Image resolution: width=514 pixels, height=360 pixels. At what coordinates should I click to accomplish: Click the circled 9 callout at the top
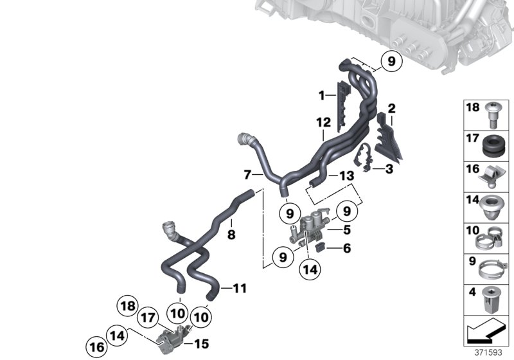tap(391, 61)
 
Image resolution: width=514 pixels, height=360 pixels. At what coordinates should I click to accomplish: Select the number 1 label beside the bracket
tap(322, 95)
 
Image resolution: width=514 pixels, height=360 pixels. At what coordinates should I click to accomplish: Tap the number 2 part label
tap(391, 109)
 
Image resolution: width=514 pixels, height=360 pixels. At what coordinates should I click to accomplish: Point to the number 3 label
tap(389, 169)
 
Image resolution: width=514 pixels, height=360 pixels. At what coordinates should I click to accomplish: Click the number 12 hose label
tap(324, 123)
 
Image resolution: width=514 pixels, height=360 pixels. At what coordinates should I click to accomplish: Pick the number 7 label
tap(247, 175)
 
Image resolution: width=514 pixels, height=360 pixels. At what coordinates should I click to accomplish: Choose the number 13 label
tap(347, 176)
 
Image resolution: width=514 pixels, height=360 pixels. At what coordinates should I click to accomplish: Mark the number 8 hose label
tap(231, 235)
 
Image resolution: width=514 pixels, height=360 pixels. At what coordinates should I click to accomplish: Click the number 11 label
tap(240, 289)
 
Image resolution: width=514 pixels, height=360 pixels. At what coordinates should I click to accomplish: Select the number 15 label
tap(202, 343)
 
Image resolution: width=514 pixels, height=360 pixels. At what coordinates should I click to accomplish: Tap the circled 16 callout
tap(97, 348)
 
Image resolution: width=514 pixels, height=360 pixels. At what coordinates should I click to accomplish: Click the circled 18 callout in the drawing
tap(127, 306)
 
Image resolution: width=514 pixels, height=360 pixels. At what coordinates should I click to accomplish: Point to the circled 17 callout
tap(148, 318)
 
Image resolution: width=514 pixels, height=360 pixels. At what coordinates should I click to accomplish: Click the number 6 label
tap(347, 248)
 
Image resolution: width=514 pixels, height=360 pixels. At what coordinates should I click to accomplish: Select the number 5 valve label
tap(347, 230)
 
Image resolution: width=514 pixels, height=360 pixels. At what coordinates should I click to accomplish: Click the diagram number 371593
tap(488, 353)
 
